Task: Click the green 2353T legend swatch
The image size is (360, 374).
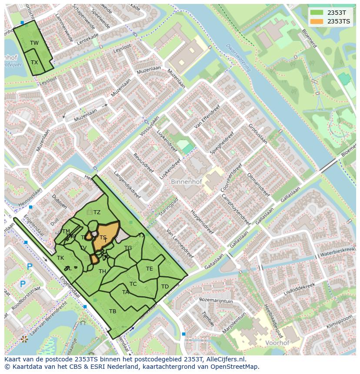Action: (317, 13)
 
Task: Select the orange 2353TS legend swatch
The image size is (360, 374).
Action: (317, 21)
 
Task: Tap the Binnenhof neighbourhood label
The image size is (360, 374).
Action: (186, 182)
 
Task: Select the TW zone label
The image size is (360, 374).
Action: (34, 43)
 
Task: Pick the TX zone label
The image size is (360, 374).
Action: (34, 62)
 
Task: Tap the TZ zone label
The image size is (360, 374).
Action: (97, 212)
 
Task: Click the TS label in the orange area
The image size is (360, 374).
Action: (103, 238)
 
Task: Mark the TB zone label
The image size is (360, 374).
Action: (113, 311)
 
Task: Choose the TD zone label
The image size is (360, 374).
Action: (165, 287)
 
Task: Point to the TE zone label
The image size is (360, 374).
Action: (149, 269)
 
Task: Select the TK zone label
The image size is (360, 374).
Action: (60, 258)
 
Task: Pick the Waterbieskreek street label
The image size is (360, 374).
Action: (337, 252)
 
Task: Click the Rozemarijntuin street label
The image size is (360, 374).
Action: (216, 300)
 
